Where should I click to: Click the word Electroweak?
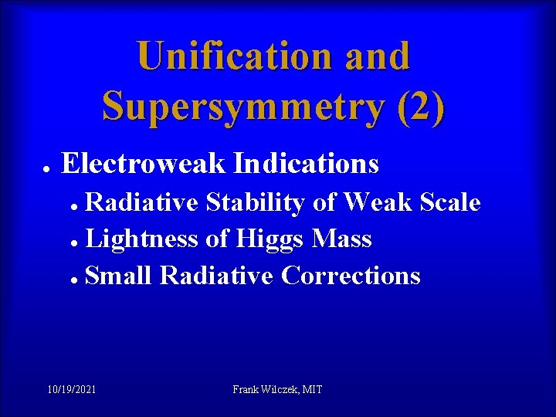click(144, 164)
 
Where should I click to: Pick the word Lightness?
click(143, 239)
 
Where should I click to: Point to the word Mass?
click(341, 239)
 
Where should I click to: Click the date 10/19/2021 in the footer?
click(71, 390)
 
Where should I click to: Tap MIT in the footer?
click(313, 390)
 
